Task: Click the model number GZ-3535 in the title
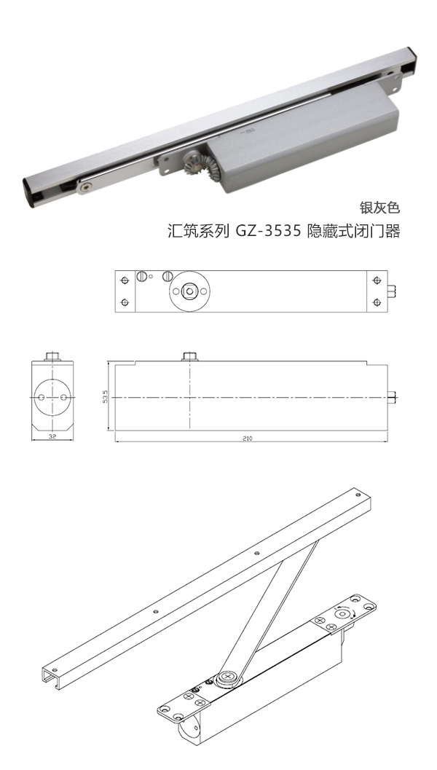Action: (x=267, y=232)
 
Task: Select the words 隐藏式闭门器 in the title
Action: (x=353, y=232)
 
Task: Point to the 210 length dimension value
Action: (x=251, y=439)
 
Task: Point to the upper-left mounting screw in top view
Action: (x=125, y=280)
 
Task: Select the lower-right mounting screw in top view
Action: (x=377, y=302)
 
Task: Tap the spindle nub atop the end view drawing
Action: (x=52, y=355)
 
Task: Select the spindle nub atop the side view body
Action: (x=189, y=355)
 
